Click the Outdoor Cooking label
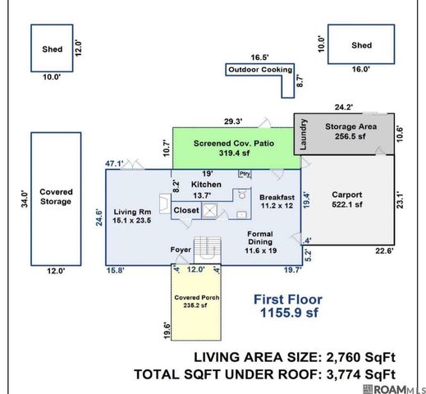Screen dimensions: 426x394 point(260,70)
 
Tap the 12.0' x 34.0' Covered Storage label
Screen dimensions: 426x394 point(56,196)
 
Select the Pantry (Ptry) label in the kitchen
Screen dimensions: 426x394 point(245,173)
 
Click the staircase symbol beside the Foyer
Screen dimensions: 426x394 point(207,250)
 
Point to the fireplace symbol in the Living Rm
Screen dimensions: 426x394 point(165,204)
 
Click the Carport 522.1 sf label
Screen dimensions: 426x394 point(347,199)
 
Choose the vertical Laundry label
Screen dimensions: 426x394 point(303,135)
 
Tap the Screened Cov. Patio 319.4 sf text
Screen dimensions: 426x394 point(234,148)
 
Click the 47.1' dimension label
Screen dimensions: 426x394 point(114,163)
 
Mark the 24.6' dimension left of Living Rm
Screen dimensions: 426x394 point(98,218)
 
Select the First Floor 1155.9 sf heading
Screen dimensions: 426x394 point(288,306)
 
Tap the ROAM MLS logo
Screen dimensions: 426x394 point(394,389)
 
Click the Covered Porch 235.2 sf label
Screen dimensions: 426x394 point(196,301)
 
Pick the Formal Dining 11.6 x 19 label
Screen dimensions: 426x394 point(260,242)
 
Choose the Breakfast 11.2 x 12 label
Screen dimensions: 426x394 point(277,201)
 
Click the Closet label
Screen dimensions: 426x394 point(186,210)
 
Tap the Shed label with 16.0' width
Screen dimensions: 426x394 point(361,45)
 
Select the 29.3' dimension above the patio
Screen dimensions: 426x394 point(233,121)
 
